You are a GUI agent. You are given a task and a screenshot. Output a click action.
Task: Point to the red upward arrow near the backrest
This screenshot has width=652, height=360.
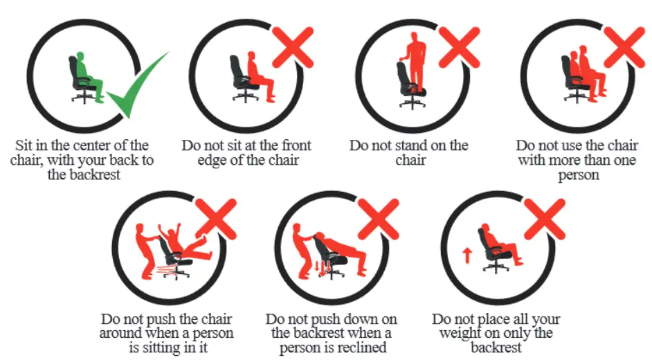tap(467, 254)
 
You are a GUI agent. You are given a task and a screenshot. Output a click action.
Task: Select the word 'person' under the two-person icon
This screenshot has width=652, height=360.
tap(578, 175)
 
